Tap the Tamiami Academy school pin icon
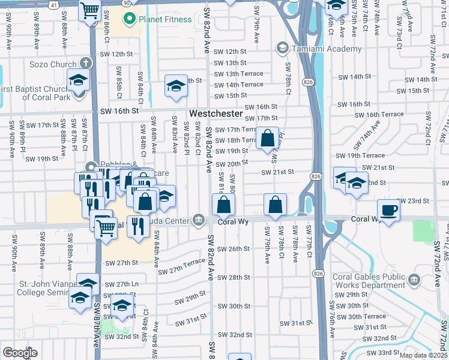282,48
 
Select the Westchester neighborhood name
216,113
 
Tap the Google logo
20,352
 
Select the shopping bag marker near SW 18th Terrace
268,138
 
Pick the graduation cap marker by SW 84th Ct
176,86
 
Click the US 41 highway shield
54,3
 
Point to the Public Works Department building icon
414,280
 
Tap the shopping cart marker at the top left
89,10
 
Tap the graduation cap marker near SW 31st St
122,305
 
